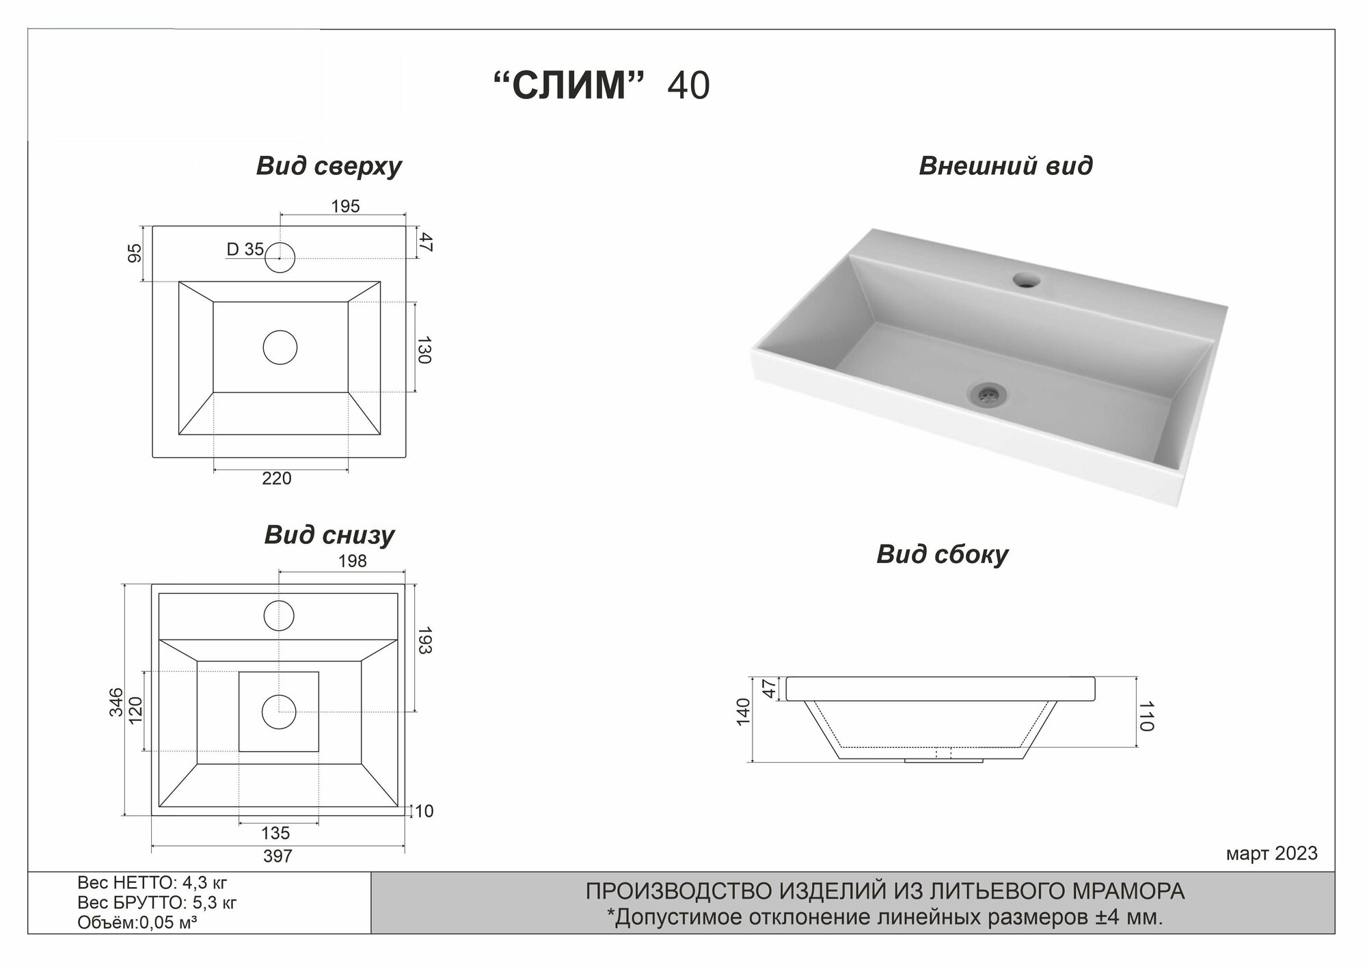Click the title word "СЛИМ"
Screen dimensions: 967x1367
(x=569, y=86)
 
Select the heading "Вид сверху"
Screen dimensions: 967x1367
(x=329, y=166)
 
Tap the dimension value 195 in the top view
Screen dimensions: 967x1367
(x=346, y=206)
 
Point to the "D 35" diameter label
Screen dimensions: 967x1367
(x=245, y=250)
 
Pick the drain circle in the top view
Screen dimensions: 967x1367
(x=280, y=347)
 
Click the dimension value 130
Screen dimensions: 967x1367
(x=424, y=349)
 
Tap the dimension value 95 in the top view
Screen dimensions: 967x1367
(x=135, y=253)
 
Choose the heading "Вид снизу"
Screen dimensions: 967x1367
(x=329, y=535)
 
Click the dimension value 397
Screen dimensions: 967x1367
(x=278, y=856)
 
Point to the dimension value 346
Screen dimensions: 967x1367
(x=117, y=702)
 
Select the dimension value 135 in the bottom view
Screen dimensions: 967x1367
(x=275, y=834)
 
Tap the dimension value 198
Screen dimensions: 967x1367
(x=352, y=561)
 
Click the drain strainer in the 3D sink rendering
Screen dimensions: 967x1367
(x=986, y=393)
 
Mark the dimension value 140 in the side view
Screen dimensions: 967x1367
(x=744, y=711)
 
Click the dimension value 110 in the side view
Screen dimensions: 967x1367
(x=1146, y=716)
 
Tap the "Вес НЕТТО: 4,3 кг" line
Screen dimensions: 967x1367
(x=152, y=883)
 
